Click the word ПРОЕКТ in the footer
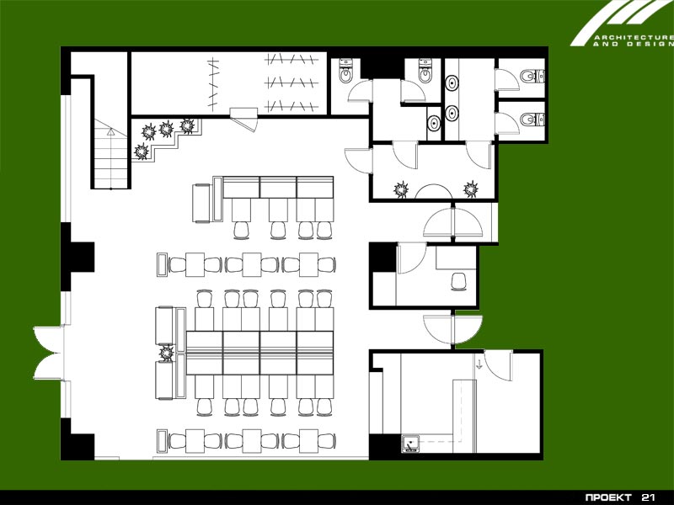pos(608,497)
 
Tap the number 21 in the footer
pos(648,497)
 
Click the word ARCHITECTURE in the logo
pos(634,38)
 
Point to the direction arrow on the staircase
pos(111,132)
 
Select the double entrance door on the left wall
pos(49,353)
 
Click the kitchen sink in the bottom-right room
pos(411,444)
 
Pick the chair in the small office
pos(459,282)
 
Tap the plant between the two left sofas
pos(167,353)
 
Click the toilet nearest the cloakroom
pos(345,71)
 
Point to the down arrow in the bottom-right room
pos(479,365)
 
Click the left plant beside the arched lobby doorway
pos(401,189)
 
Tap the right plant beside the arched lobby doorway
pos(471,189)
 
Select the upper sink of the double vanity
pos(452,82)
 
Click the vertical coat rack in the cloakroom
pos(213,83)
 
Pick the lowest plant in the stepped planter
pos(142,151)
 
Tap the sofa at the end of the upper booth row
pos(201,203)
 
